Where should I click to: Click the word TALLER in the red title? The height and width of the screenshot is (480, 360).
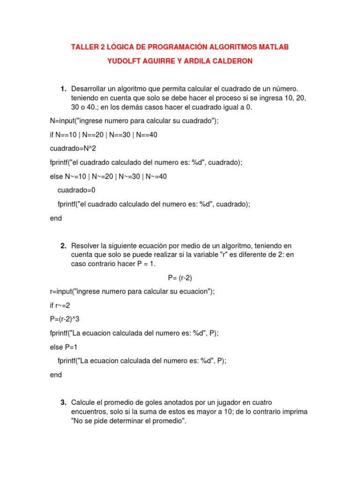pyautogui.click(x=83, y=47)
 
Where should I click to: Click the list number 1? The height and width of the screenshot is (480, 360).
pyautogui.click(x=63, y=89)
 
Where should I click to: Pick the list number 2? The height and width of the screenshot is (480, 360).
pyautogui.click(x=63, y=246)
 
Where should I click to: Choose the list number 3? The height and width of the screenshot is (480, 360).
pyautogui.click(x=63, y=403)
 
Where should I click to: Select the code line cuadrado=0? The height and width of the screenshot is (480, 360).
pyautogui.click(x=76, y=190)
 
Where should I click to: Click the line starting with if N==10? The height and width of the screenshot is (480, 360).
pyautogui.click(x=104, y=135)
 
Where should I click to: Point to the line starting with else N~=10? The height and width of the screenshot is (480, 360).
pyautogui.click(x=108, y=177)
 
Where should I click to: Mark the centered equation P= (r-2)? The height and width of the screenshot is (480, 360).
pyautogui.click(x=180, y=277)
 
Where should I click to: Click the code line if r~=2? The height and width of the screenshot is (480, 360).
pyautogui.click(x=60, y=305)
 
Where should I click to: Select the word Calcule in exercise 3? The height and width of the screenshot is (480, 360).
pyautogui.click(x=83, y=403)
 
